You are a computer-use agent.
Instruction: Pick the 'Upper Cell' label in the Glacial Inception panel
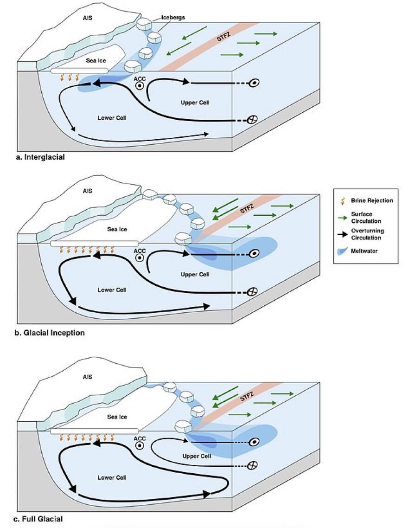(195, 274)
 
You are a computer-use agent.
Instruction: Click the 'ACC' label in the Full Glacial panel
(140, 438)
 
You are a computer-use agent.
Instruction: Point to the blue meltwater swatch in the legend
(345, 252)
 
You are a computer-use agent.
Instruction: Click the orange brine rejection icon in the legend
(344, 200)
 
